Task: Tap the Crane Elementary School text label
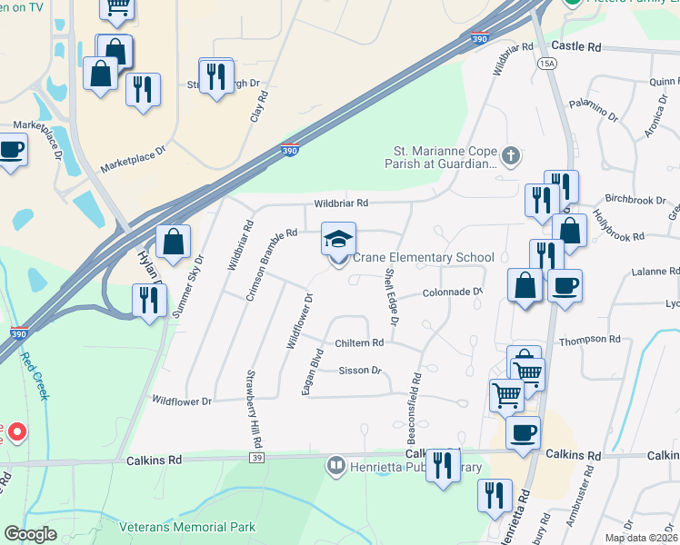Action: pos(423,258)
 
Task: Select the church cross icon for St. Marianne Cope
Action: pos(511,156)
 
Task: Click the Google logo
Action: pos(30,535)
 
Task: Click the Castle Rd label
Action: pos(576,45)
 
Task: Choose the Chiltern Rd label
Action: pos(359,342)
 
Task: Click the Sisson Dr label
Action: pos(359,371)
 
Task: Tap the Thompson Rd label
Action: pos(589,340)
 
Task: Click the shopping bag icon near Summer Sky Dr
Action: pos(173,243)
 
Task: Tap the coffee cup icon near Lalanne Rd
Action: pos(565,286)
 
